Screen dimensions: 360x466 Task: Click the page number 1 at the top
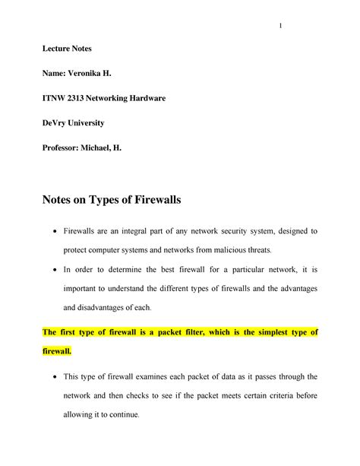point(280,27)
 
